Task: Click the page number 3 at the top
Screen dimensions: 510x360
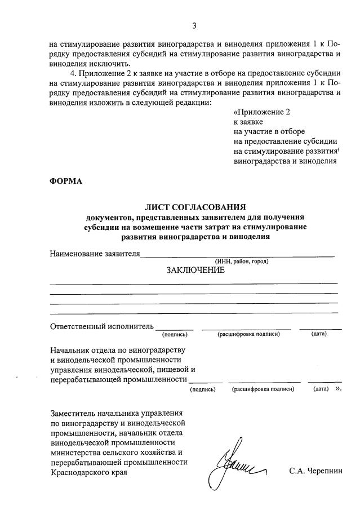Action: pyautogui.click(x=194, y=25)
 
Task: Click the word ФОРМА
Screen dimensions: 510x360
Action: pyautogui.click(x=66, y=181)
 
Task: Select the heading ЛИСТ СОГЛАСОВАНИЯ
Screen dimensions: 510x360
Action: pyautogui.click(x=194, y=207)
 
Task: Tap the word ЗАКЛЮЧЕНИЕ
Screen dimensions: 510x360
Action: pyautogui.click(x=195, y=270)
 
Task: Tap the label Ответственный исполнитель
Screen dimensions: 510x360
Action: pyautogui.click(x=102, y=326)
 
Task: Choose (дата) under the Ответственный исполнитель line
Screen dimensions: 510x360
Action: pyautogui.click(x=319, y=335)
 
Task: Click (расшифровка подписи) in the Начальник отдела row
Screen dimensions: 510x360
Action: pyautogui.click(x=263, y=389)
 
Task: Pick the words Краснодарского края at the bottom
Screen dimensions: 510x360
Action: pyautogui.click(x=88, y=473)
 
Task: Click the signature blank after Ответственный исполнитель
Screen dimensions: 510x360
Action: pyautogui.click(x=175, y=328)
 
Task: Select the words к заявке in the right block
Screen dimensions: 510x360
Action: pyautogui.click(x=248, y=122)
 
